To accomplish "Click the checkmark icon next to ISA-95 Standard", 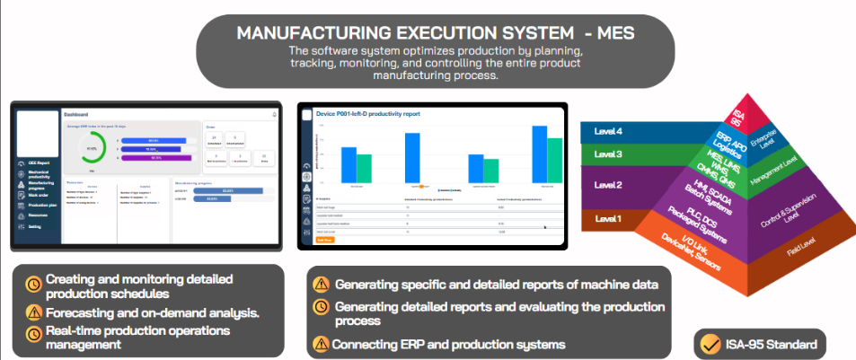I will click(711, 344).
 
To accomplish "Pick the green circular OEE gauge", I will click(91, 148).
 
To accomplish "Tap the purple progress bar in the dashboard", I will click(154, 158).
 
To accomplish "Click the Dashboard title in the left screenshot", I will click(75, 115).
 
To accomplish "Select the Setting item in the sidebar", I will click(34, 226).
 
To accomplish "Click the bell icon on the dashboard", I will click(275, 115).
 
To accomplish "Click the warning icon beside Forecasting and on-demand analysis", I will click(32, 312).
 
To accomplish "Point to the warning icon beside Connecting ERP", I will click(321, 344).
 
